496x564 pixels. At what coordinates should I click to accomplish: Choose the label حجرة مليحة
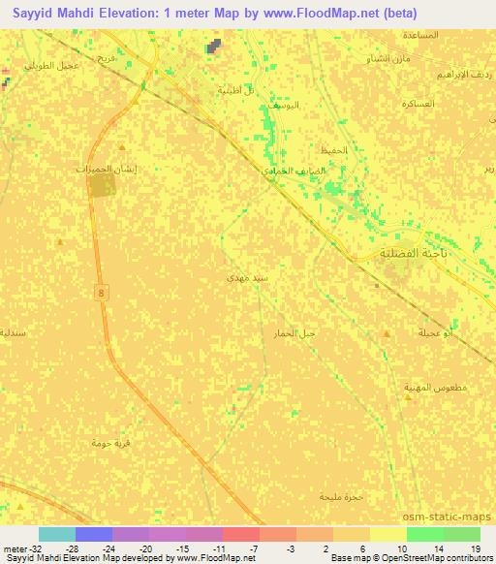point(340,496)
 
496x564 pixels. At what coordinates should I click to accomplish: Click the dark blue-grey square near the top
point(213,45)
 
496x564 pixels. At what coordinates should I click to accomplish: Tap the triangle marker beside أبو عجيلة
point(387,332)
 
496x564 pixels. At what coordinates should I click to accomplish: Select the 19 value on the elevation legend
point(476,548)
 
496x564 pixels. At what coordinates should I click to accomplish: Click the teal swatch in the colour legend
point(57,534)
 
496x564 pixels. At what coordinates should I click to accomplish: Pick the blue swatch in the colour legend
point(94,534)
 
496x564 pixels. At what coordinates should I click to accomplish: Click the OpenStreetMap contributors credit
point(440,558)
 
